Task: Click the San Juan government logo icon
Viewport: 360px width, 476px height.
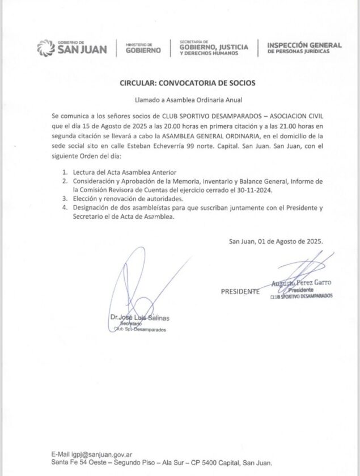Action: [45, 48]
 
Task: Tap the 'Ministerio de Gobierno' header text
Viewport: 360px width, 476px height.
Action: [143, 48]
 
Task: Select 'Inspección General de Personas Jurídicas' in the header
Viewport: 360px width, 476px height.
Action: [304, 48]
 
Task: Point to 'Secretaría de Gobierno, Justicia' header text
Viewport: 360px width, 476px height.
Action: [213, 48]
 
